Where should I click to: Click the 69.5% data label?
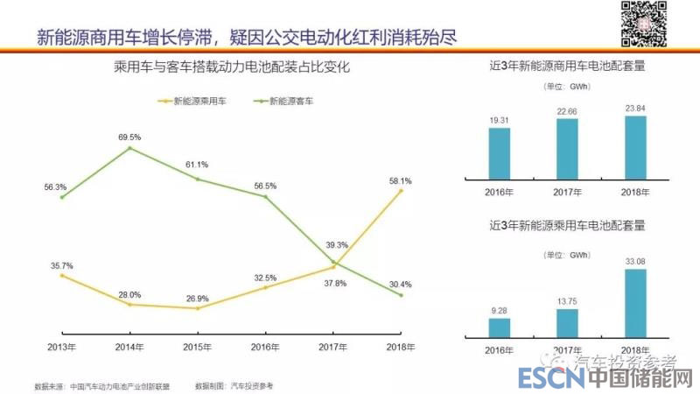point(129,137)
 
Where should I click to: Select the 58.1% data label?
point(400,180)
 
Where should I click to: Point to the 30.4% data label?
point(400,284)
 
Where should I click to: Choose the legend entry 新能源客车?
point(288,102)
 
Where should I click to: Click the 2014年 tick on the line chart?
point(129,347)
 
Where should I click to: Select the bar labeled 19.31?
point(499,153)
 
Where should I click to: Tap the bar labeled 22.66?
point(567,148)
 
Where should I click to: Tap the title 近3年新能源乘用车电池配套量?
point(568,225)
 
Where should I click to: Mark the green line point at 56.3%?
point(62,197)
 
